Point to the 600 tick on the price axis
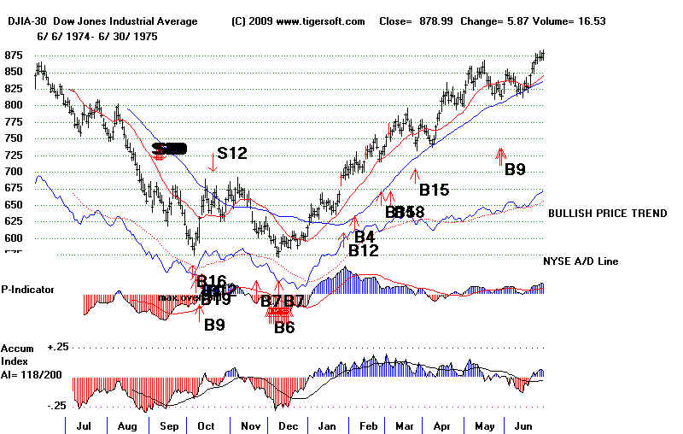[x=15, y=238]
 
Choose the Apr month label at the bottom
[x=441, y=424]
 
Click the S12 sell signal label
[x=231, y=154]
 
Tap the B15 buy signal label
[x=433, y=190]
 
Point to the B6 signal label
[x=284, y=326]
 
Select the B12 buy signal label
[x=363, y=251]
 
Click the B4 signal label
[x=365, y=237]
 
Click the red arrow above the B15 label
[x=416, y=175]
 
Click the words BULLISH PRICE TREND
[x=607, y=214]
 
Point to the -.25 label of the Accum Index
[x=56, y=406]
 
